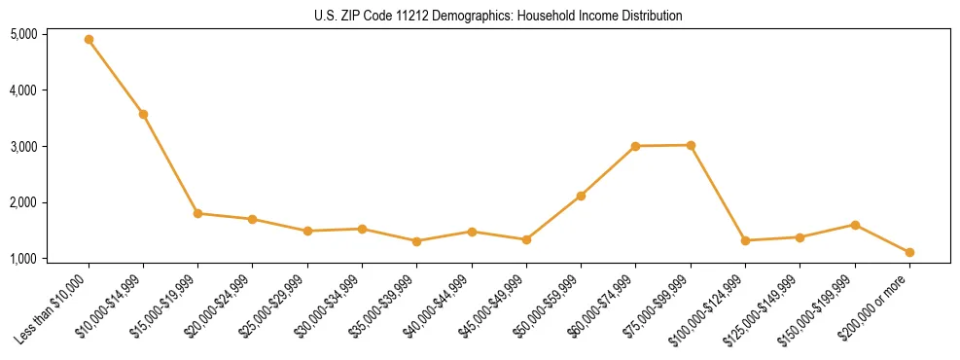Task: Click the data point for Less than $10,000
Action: (89, 39)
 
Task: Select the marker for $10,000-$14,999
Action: (143, 114)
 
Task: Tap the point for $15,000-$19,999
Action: (197, 213)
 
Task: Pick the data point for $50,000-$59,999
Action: (581, 196)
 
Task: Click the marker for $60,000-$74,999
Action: (635, 146)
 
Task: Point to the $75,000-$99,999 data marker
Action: (691, 145)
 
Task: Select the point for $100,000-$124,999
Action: (745, 240)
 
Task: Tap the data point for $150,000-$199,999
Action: (855, 225)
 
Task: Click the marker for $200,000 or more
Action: (909, 252)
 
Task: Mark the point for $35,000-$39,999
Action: (416, 241)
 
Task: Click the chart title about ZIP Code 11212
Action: (499, 16)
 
